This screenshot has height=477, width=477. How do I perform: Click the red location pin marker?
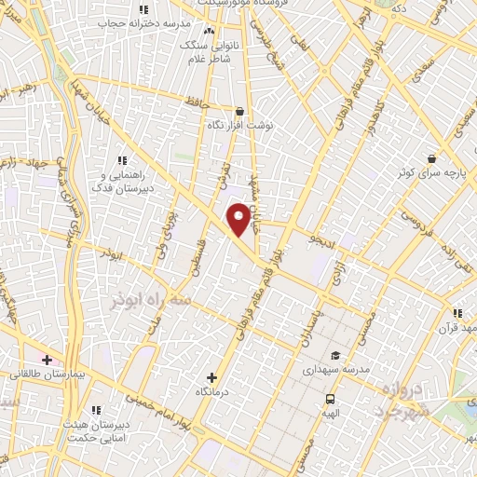pyautogui.click(x=239, y=219)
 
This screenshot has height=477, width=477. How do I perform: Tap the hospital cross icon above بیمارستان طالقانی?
pyautogui.click(x=47, y=359)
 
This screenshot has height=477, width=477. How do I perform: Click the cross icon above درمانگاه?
pyautogui.click(x=212, y=377)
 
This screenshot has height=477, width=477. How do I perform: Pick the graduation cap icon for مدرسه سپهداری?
pyautogui.click(x=334, y=355)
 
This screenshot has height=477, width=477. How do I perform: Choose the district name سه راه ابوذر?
pyautogui.click(x=150, y=302)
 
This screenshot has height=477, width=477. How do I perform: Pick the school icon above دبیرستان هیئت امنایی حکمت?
pyautogui.click(x=97, y=409)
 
